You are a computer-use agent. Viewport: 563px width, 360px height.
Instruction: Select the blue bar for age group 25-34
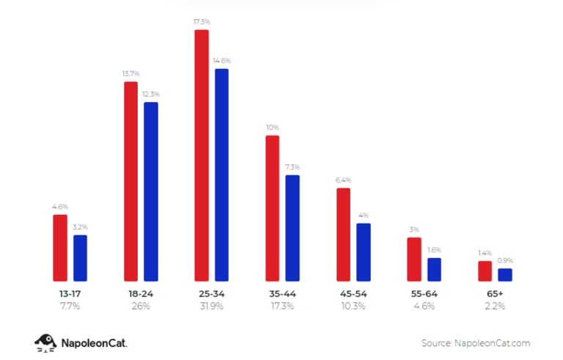(221, 175)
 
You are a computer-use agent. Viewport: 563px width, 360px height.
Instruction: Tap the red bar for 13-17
(60, 248)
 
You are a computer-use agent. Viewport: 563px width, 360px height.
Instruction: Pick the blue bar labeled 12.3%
(151, 191)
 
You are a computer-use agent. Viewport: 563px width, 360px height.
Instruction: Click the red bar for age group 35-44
(272, 208)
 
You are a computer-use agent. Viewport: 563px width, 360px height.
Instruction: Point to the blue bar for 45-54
(364, 252)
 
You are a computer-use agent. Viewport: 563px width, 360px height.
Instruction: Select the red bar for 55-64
(414, 260)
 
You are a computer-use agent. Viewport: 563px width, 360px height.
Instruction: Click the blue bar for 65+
(505, 275)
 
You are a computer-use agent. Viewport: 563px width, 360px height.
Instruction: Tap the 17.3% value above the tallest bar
(202, 23)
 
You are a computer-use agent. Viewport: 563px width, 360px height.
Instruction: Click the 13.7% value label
(130, 74)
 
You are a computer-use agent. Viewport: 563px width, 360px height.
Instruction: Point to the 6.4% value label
(343, 180)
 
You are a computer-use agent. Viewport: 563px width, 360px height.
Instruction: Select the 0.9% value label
(505, 260)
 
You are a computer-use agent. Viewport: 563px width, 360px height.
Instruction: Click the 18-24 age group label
(141, 293)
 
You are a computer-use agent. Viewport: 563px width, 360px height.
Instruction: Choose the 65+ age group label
(495, 293)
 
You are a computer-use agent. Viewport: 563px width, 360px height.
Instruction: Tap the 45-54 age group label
(353, 293)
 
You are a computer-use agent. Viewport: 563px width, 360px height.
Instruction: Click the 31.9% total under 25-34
(211, 306)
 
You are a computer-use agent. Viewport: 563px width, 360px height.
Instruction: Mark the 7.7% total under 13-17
(70, 306)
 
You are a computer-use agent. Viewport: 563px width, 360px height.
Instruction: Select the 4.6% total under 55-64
(424, 306)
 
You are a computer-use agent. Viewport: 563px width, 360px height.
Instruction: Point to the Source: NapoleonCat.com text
(475, 342)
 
